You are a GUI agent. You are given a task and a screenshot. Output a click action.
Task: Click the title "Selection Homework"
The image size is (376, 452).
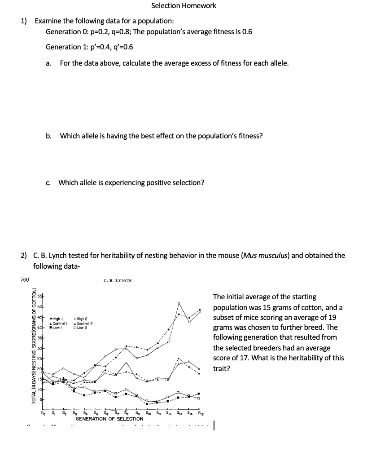(184, 6)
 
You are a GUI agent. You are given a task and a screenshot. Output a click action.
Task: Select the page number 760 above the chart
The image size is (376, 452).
(25, 280)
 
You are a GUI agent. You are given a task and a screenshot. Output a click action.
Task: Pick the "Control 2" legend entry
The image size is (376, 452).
(85, 323)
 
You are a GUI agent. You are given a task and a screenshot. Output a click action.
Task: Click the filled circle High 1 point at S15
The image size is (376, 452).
(200, 310)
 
